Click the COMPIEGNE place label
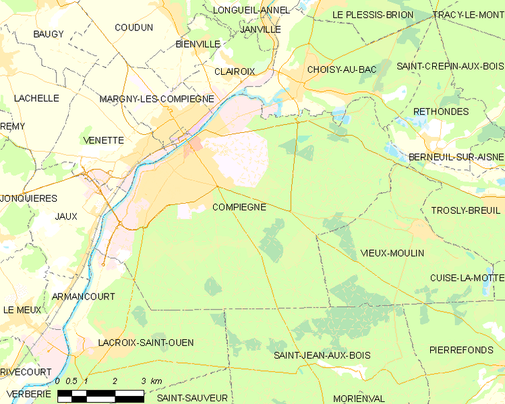(x=239, y=207)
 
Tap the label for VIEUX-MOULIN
(x=392, y=253)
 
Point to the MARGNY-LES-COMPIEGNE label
(x=156, y=98)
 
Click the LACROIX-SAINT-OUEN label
(x=146, y=343)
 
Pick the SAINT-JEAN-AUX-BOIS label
(x=322, y=355)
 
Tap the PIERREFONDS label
(x=461, y=349)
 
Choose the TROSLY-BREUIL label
(x=466, y=210)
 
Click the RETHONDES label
(x=440, y=111)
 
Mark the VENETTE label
(x=103, y=140)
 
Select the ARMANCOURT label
(x=83, y=296)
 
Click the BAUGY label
(x=49, y=34)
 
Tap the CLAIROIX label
(x=235, y=71)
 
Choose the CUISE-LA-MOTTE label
(x=467, y=278)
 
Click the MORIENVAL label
(x=359, y=398)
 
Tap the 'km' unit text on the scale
(x=156, y=381)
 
